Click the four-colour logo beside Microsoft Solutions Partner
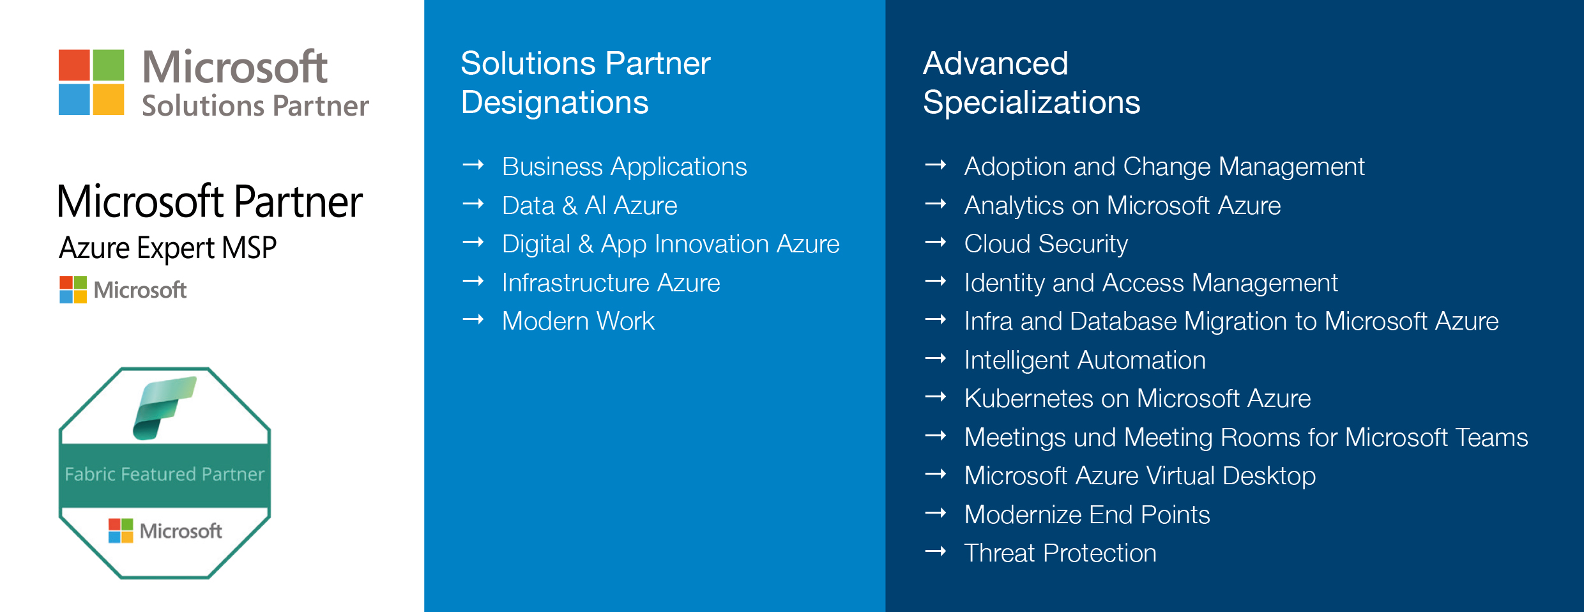(91, 82)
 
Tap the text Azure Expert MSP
(167, 248)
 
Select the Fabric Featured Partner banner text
(164, 474)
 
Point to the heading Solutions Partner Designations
(585, 82)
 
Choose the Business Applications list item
(624, 167)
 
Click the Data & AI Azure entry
(589, 206)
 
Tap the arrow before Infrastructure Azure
(473, 282)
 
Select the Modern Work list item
(578, 321)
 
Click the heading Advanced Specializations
(1031, 82)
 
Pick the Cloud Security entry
(1046, 244)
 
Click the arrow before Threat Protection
(936, 552)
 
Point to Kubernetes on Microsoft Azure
(1137, 399)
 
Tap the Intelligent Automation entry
(1085, 360)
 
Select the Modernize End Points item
(1086, 515)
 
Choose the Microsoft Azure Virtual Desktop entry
(1139, 476)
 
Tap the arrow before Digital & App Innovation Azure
(473, 243)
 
